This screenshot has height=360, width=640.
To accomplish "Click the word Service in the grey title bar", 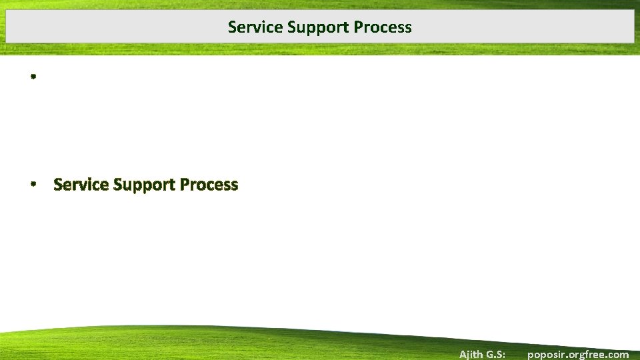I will (249, 27).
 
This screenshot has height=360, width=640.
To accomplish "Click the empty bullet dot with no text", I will (32, 77).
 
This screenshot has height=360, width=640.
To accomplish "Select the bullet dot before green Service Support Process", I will (32, 185).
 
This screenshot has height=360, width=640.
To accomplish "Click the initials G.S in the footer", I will (500, 354).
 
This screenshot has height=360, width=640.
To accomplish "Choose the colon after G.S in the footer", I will (511, 355).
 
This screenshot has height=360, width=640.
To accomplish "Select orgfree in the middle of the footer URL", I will (587, 354).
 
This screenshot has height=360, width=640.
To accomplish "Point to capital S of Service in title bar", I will (231, 27).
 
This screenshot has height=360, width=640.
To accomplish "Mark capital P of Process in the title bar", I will (358, 27).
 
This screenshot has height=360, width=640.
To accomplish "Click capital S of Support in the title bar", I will (291, 27).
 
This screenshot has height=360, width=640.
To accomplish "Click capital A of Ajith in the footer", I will (463, 354).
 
